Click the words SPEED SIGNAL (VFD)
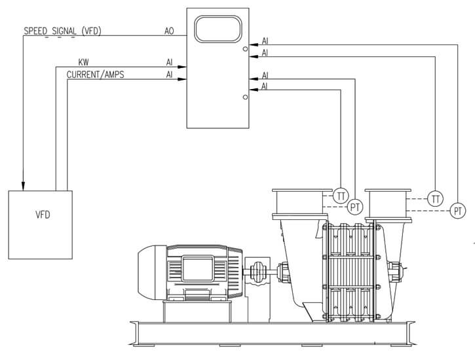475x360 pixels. coord(62,31)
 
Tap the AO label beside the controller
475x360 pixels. coord(170,31)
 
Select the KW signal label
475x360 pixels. coord(83,62)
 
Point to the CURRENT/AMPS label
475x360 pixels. coord(95,75)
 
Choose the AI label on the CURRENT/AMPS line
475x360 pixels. coord(170,75)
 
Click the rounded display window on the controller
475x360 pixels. coord(218,30)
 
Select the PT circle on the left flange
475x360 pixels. coord(355,207)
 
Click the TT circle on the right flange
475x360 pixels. coord(436,198)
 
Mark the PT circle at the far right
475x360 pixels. coord(459,210)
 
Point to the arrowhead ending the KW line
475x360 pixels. coord(184,67)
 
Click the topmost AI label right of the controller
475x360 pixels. coord(265,41)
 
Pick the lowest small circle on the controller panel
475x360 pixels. coord(245,97)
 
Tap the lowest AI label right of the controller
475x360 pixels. coord(265,86)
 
